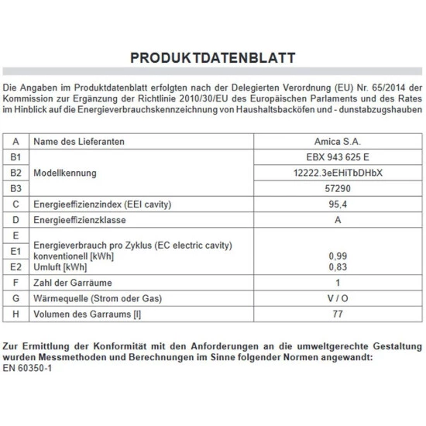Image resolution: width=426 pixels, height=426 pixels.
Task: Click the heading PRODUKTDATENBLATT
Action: pos(212,58)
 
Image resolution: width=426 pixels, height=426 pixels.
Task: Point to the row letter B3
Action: pos(15,188)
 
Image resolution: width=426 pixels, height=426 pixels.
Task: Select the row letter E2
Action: pos(15,266)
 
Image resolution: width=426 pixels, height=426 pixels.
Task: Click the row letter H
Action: pos(15,314)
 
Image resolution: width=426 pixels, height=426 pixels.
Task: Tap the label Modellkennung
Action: pos(66,173)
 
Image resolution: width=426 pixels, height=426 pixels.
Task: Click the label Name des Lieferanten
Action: pos(79,142)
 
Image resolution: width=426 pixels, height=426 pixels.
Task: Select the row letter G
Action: pos(15,298)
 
